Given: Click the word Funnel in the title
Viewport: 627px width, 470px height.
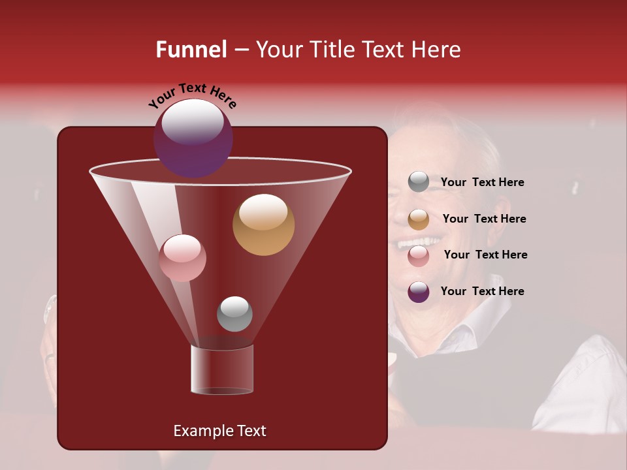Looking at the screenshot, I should pyautogui.click(x=191, y=50).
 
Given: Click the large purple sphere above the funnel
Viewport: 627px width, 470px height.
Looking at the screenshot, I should pyautogui.click(x=193, y=138).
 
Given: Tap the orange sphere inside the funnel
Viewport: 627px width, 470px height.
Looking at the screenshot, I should pyautogui.click(x=263, y=225).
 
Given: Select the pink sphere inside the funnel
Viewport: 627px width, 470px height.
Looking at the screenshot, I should pyautogui.click(x=182, y=258).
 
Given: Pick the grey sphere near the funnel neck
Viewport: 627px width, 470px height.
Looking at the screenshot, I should pyautogui.click(x=234, y=313).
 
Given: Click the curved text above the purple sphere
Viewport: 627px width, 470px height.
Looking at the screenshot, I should pyautogui.click(x=193, y=97).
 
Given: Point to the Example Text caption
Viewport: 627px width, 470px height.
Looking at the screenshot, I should pyautogui.click(x=219, y=431).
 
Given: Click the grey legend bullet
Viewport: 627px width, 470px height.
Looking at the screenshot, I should pyautogui.click(x=419, y=182).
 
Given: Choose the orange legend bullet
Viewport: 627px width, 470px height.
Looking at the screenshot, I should pyautogui.click(x=419, y=219).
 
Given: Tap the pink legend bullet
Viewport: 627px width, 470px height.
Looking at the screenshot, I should pyautogui.click(x=419, y=255).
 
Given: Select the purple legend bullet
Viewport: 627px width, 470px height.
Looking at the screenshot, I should pyautogui.click(x=419, y=292).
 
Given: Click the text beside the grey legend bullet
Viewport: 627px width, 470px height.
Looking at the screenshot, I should pyautogui.click(x=482, y=183).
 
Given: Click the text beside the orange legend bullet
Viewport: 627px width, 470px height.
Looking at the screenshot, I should pyautogui.click(x=484, y=219).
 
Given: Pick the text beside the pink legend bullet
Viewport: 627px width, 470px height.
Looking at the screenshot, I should pyautogui.click(x=485, y=255).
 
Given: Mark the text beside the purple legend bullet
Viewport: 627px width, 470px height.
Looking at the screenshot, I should pyautogui.click(x=482, y=291).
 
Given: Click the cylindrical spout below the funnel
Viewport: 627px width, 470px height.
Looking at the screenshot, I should pyautogui.click(x=221, y=369).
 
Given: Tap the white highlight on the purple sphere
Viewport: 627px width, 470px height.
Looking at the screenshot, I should pyautogui.click(x=192, y=121).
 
